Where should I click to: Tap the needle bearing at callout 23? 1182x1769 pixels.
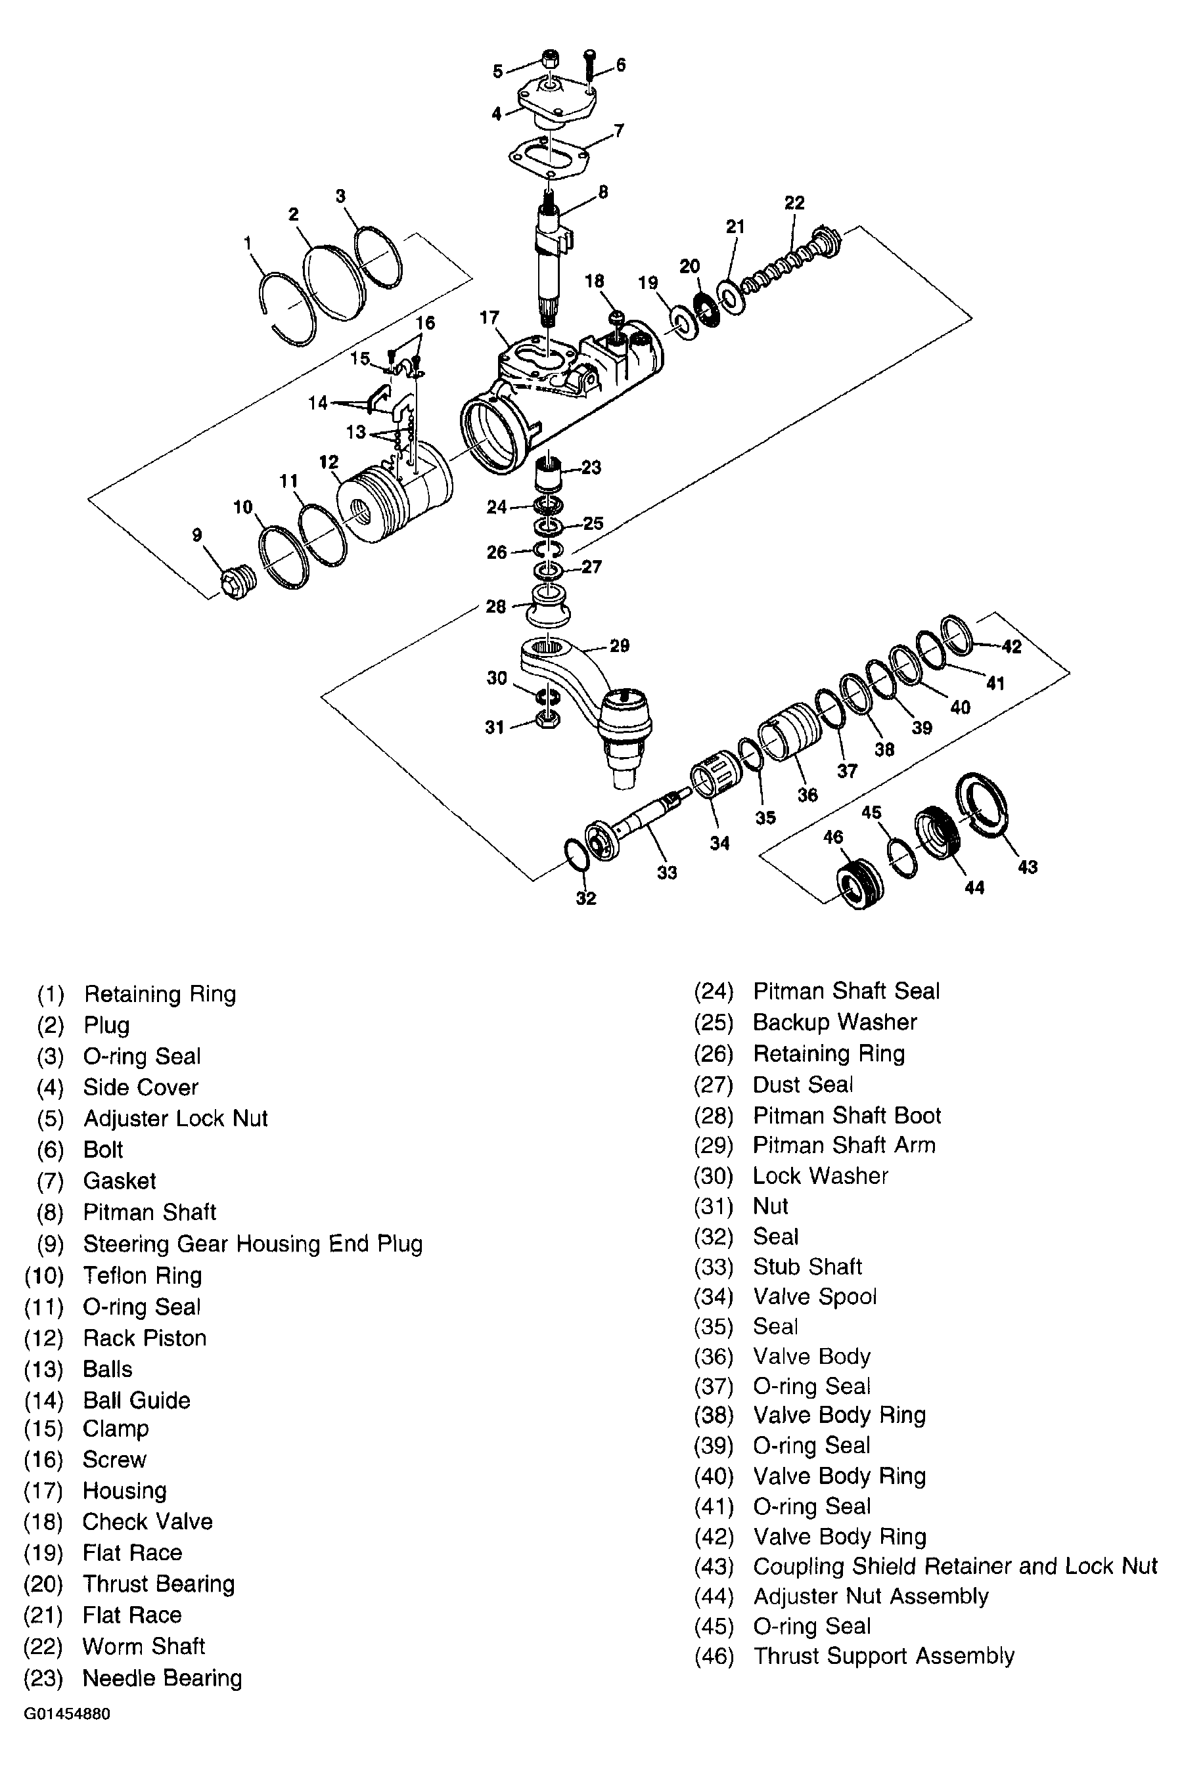point(549,476)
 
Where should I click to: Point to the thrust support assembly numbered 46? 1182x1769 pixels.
point(859,884)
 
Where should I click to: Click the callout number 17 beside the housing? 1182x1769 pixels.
point(489,317)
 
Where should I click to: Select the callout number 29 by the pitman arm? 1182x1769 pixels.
point(620,645)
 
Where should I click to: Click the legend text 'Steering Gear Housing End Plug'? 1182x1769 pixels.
point(252,1243)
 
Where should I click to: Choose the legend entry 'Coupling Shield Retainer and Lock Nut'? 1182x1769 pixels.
point(955,1566)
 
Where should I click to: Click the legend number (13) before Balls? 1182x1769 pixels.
point(44,1369)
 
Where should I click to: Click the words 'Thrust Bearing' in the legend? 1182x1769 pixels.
point(158,1584)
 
